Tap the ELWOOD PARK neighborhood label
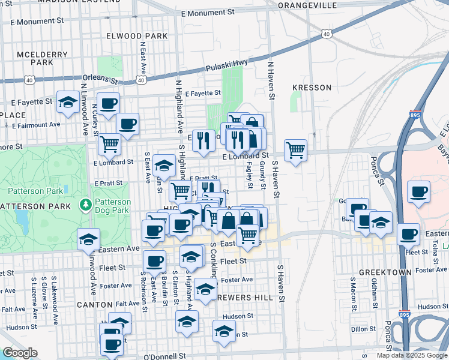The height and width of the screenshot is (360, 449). [137, 36]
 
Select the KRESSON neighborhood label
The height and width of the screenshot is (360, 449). [312, 88]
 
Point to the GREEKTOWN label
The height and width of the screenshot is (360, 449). [385, 272]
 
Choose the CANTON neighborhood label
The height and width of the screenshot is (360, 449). [95, 305]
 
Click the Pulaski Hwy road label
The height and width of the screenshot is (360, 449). [228, 66]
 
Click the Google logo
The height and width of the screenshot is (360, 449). [20, 353]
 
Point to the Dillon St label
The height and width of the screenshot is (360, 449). [363, 329]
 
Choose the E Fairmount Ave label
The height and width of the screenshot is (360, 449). [36, 125]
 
